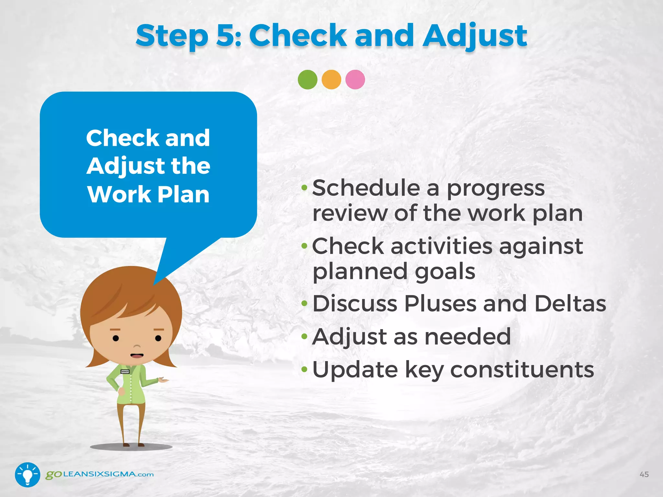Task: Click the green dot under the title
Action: [x=307, y=80]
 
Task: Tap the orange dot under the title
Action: [x=331, y=80]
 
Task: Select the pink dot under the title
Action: [x=355, y=80]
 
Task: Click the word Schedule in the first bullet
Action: [x=366, y=188]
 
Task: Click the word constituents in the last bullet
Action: [x=522, y=370]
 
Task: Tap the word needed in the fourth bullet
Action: [x=467, y=337]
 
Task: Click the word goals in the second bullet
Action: [x=445, y=272]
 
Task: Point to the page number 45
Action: [x=644, y=474]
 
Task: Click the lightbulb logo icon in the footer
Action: [x=28, y=474]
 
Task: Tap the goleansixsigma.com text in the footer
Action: [x=100, y=474]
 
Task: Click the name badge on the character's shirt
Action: [x=125, y=372]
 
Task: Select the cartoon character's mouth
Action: [x=137, y=355]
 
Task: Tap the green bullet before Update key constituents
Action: [x=304, y=369]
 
